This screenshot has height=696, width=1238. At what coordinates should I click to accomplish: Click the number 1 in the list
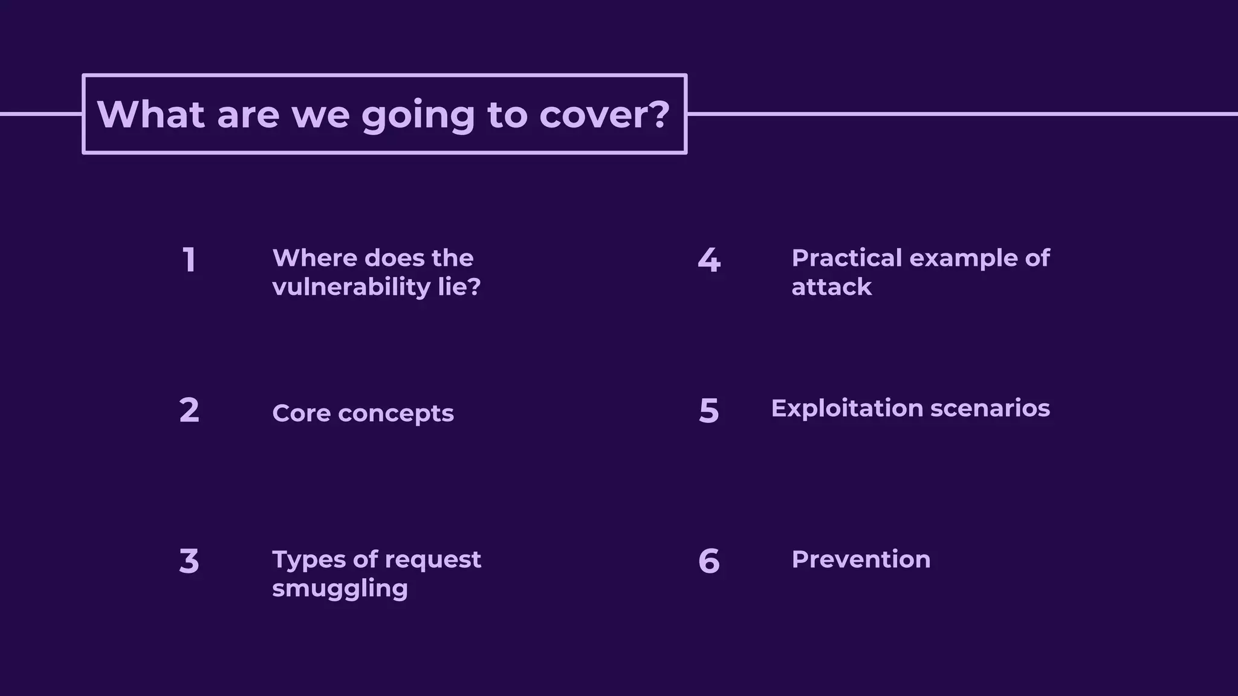(x=189, y=260)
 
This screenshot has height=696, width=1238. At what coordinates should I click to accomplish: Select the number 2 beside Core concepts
(x=189, y=410)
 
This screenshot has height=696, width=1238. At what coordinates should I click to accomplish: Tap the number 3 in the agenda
(x=189, y=561)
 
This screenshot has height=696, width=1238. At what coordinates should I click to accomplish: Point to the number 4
(x=709, y=260)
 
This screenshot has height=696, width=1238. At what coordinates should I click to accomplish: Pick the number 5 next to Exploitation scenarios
(x=709, y=411)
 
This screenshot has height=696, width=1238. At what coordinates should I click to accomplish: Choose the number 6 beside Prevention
(x=709, y=561)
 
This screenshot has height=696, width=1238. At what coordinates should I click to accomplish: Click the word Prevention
(x=861, y=559)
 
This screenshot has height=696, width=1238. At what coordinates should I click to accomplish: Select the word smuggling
(x=340, y=588)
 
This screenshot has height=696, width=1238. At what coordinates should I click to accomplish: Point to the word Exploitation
(x=847, y=408)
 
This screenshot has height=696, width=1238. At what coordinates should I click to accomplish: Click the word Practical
(x=846, y=258)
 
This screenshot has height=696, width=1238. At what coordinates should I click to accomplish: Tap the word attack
(x=832, y=287)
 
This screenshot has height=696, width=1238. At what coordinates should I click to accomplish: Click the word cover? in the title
(x=604, y=114)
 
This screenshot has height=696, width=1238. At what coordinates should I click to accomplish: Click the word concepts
(x=395, y=414)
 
